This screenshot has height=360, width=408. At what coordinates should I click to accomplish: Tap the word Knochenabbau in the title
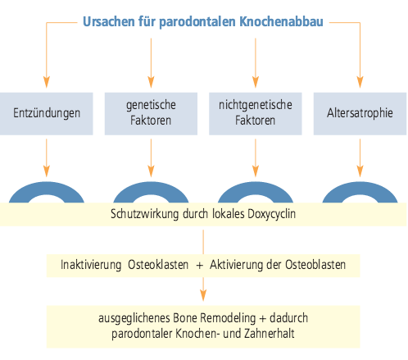[281, 21]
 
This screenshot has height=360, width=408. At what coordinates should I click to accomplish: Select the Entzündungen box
[47, 114]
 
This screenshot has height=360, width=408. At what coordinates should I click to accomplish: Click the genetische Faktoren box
[151, 114]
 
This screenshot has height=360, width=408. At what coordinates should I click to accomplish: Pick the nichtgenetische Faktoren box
[256, 114]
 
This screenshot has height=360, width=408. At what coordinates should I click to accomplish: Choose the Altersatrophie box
[360, 114]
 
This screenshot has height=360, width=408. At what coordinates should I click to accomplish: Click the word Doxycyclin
[271, 214]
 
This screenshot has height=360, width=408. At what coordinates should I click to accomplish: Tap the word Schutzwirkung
[144, 214]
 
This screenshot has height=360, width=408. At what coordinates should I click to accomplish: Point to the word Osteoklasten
[158, 265]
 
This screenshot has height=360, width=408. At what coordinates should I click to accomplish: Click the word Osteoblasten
[315, 265]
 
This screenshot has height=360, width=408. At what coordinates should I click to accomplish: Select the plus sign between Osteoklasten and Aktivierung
[200, 266]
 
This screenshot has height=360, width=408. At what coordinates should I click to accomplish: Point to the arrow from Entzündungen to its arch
[47, 158]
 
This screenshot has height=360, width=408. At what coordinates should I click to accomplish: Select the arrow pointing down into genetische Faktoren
[151, 63]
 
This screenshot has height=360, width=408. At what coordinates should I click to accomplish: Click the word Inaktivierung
[91, 265]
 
